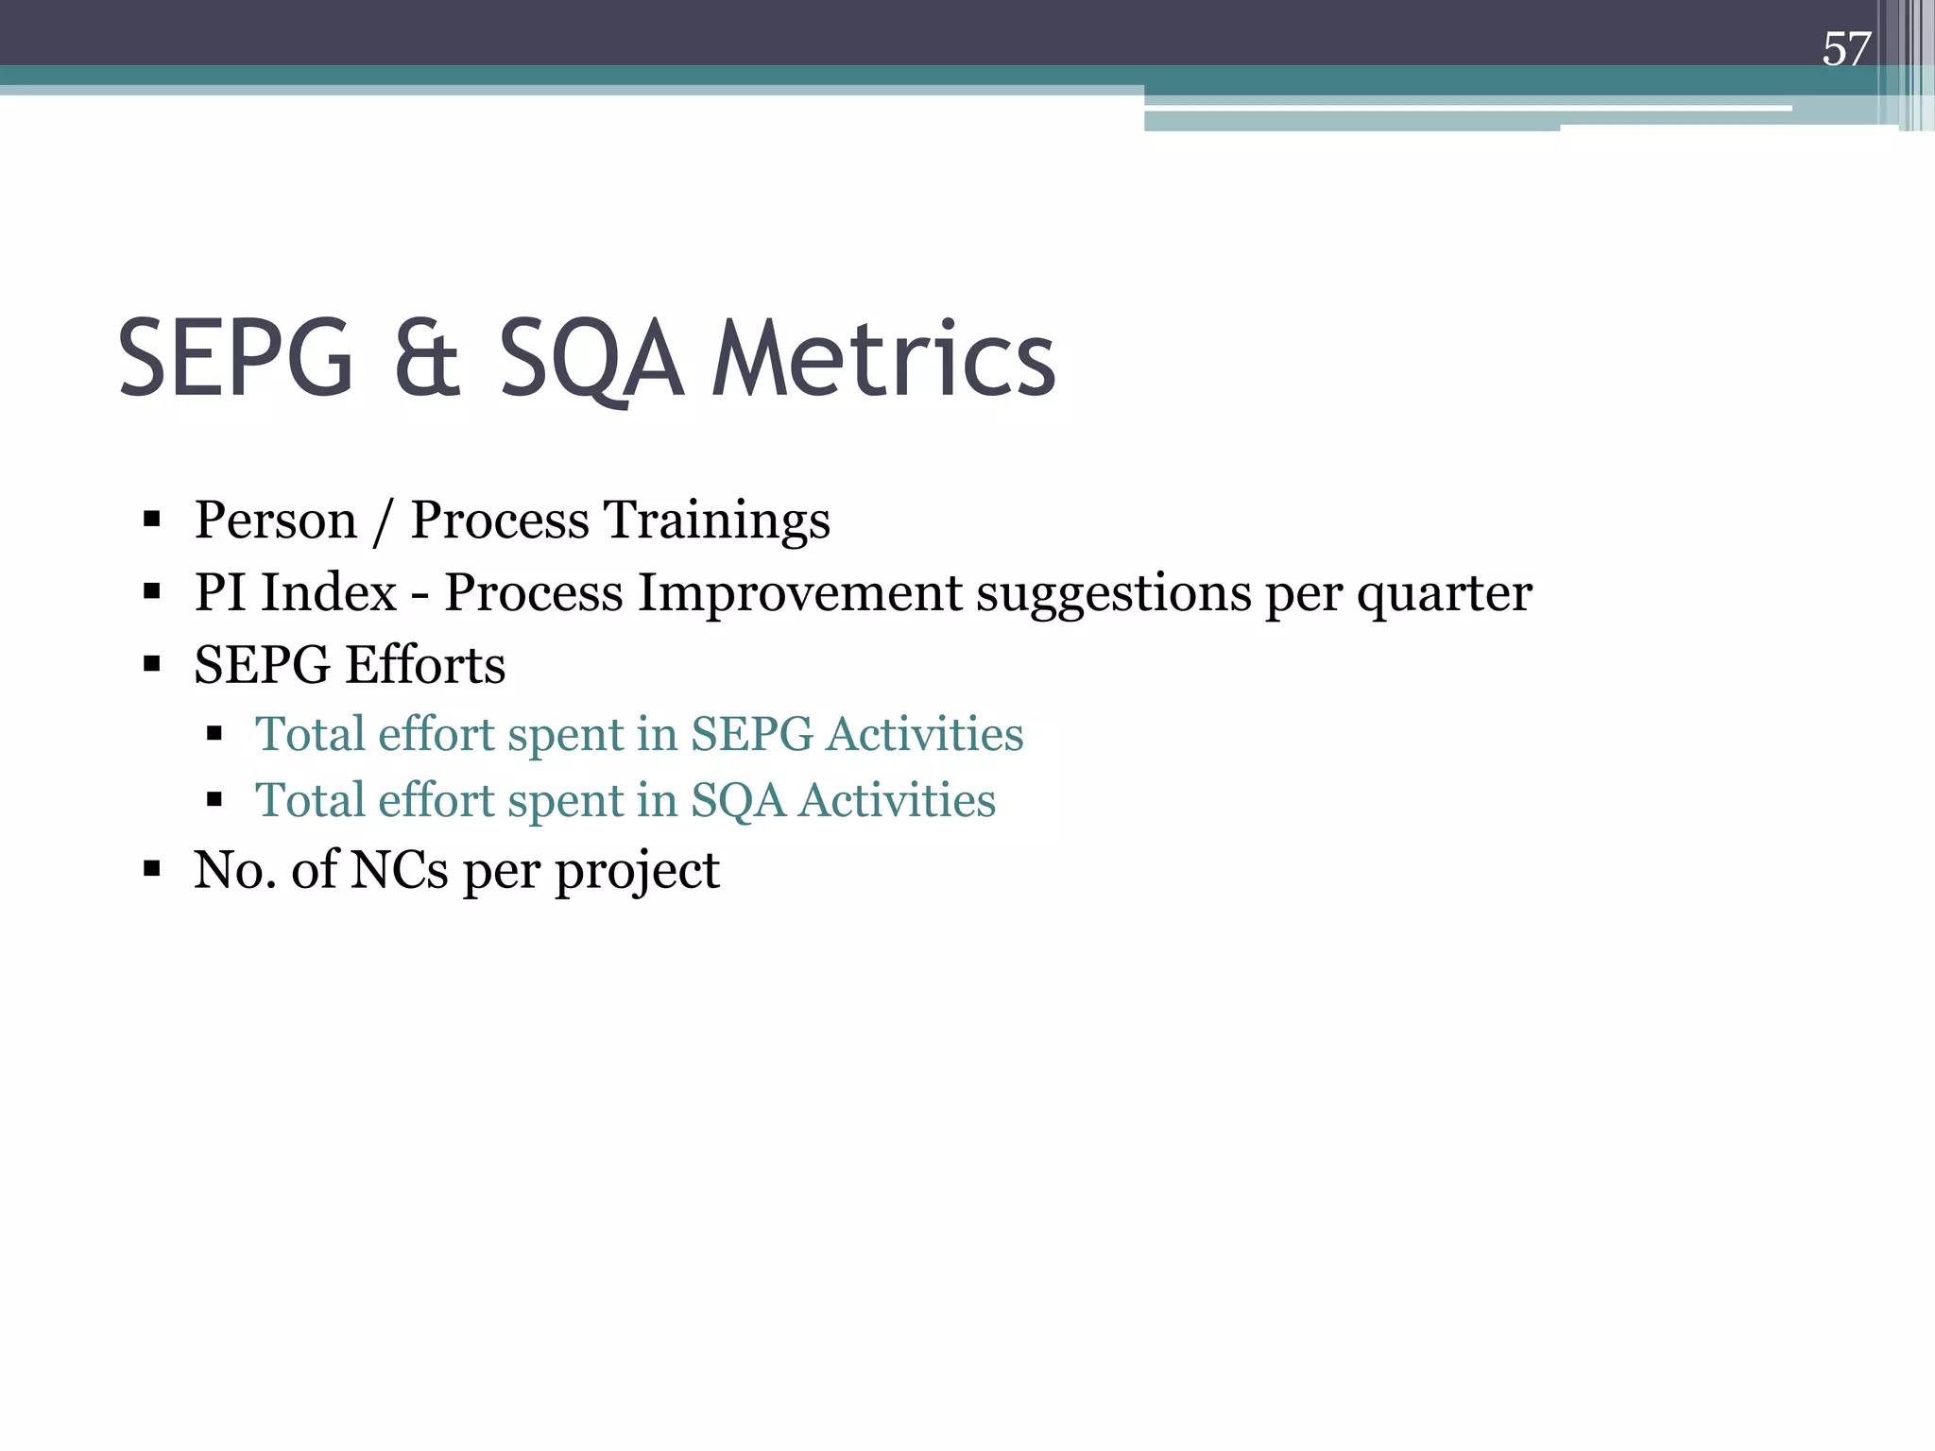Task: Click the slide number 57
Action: (1845, 49)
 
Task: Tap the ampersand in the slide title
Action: (426, 360)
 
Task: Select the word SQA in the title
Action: (590, 360)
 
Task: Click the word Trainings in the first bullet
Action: (716, 521)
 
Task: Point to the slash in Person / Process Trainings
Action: (383, 521)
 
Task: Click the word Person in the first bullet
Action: (275, 521)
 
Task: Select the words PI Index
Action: (295, 592)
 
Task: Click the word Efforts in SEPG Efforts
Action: (424, 664)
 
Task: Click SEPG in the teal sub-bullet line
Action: (751, 734)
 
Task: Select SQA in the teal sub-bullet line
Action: (738, 801)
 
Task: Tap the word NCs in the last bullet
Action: (399, 870)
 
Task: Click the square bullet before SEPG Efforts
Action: (152, 664)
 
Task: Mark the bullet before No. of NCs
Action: (152, 869)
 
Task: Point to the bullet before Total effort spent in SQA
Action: (214, 800)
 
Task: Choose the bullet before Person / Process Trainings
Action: (152, 520)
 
